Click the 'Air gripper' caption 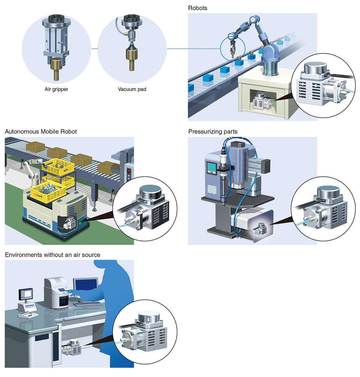pyautogui.click(x=56, y=89)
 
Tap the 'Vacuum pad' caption pyautogui.click(x=132, y=89)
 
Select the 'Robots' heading pyautogui.click(x=198, y=8)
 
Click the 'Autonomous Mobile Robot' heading pyautogui.click(x=41, y=131)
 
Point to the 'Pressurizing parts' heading pyautogui.click(x=213, y=131)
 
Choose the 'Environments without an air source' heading pyautogui.click(x=52, y=255)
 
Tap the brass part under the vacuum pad pyautogui.click(x=132, y=59)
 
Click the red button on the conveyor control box pyautogui.click(x=129, y=171)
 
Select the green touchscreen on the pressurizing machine pyautogui.click(x=211, y=168)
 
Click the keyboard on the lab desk pyautogui.click(x=88, y=303)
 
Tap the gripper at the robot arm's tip pyautogui.click(x=232, y=48)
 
